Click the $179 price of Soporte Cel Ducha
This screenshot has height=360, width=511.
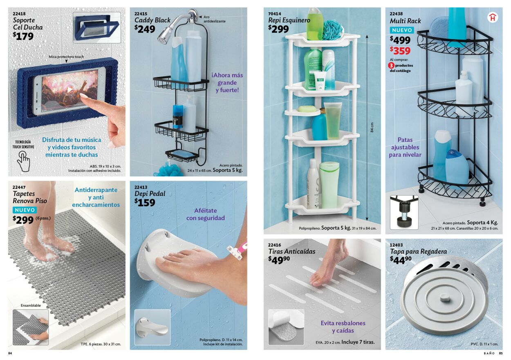(x=23, y=36)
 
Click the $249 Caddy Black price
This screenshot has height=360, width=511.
(x=145, y=29)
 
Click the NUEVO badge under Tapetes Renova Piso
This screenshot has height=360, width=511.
(x=25, y=210)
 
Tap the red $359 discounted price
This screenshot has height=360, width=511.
(x=400, y=51)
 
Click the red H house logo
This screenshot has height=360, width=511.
(x=493, y=17)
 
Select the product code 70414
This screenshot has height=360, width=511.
(x=275, y=13)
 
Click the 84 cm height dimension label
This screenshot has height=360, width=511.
(x=372, y=127)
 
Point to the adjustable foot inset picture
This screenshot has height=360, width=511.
(x=404, y=212)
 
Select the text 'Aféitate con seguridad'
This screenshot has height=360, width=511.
(x=205, y=214)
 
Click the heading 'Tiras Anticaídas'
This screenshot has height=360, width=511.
(x=291, y=251)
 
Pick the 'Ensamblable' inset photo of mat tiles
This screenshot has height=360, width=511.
(x=30, y=327)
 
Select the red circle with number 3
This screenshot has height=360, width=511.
(x=391, y=65)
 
